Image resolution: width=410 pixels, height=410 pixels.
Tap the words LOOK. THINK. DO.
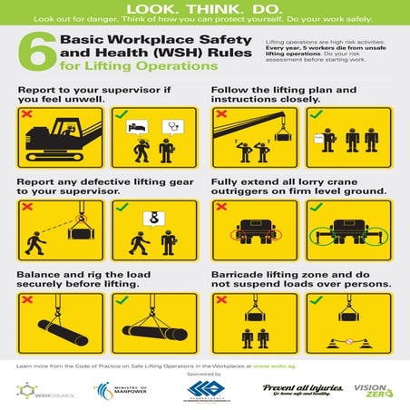click(x=204, y=8)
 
